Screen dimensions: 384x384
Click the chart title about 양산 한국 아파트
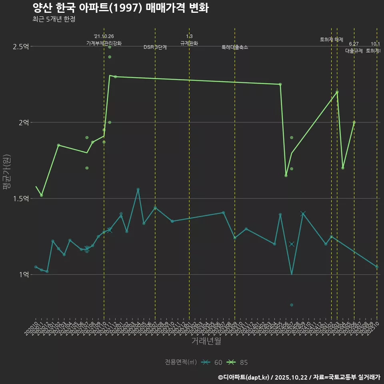(x=120, y=8)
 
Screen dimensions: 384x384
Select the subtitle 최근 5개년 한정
(x=54, y=19)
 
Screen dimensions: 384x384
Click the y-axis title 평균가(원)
(x=7, y=171)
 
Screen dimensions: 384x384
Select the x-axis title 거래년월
(x=206, y=341)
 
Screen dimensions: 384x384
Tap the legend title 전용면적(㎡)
(x=181, y=362)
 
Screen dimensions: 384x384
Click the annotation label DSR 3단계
(x=155, y=47)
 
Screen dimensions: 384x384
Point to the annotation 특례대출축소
(x=235, y=47)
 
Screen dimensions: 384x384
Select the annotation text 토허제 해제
(x=332, y=40)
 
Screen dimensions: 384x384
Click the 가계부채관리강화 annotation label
(x=104, y=43)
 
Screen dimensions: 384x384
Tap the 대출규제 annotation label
(x=354, y=51)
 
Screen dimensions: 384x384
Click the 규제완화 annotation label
(x=189, y=43)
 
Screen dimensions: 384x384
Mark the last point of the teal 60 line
(x=377, y=267)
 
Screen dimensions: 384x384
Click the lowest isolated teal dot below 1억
(x=292, y=305)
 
